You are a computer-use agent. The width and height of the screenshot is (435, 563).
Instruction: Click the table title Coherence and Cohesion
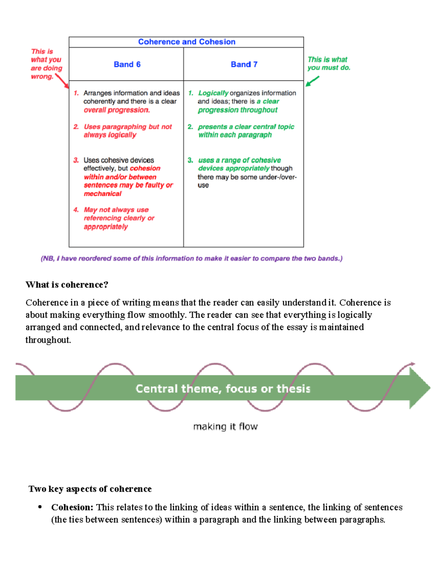[187, 42]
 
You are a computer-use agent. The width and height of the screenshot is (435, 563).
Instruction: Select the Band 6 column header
[127, 65]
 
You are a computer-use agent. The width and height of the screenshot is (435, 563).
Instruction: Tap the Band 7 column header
[244, 65]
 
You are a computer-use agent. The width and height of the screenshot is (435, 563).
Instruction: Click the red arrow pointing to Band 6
[62, 81]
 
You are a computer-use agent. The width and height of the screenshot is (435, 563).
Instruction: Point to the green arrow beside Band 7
[312, 81]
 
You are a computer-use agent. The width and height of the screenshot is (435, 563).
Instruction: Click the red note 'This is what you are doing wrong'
[46, 64]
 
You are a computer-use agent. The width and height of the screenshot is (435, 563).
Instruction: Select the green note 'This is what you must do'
[328, 63]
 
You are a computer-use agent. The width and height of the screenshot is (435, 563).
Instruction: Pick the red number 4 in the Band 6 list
[76, 210]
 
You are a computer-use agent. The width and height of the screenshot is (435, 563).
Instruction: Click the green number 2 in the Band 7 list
[190, 127]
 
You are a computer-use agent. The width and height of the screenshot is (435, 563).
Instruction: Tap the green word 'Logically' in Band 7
[213, 93]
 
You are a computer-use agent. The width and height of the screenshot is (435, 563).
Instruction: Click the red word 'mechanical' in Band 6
[103, 194]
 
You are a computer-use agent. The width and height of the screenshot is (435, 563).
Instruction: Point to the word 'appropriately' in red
[106, 227]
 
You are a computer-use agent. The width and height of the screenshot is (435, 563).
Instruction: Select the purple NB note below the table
[191, 258]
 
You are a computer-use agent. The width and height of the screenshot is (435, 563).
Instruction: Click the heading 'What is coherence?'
[67, 285]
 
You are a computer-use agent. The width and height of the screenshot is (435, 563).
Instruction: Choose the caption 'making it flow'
[225, 426]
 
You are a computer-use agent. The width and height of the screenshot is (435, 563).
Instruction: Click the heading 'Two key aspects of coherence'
[90, 489]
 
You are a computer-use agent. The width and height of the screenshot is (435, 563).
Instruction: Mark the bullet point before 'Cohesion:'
[40, 507]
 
